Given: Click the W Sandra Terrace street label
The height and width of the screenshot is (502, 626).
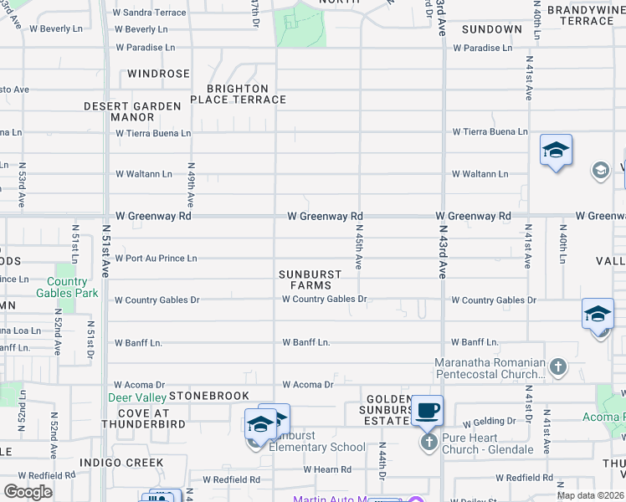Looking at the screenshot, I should tap(154, 13).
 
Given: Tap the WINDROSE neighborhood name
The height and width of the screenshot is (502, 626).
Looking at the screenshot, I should tap(159, 74).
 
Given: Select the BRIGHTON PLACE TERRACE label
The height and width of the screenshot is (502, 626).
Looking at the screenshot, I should tap(238, 94).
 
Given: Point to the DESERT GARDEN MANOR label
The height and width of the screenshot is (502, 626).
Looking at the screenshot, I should tap(133, 111).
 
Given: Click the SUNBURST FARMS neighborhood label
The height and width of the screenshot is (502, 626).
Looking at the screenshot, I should tap(310, 279).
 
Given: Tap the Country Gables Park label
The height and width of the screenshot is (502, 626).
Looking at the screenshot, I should tap(67, 288).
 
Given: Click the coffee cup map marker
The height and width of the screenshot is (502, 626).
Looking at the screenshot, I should tap(427, 410).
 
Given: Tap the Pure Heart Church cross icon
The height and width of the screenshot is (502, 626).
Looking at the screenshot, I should tap(429, 441).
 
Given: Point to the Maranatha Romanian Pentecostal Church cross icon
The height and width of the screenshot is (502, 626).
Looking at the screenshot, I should tap(558, 366).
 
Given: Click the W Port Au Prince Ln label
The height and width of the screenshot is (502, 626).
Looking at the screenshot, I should tap(156, 259).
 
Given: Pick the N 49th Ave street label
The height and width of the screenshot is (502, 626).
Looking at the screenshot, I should tap(191, 185).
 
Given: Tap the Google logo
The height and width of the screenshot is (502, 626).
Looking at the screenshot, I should tap(28, 492).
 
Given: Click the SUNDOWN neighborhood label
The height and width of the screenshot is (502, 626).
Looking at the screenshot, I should tap(491, 29).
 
